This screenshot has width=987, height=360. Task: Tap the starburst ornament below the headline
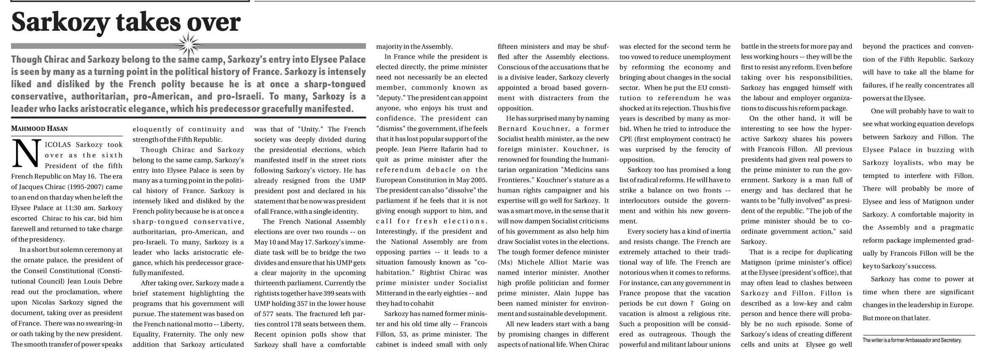click(x=188, y=45)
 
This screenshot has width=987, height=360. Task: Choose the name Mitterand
click(x=394, y=293)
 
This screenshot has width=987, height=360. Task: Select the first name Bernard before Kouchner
click(x=513, y=129)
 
